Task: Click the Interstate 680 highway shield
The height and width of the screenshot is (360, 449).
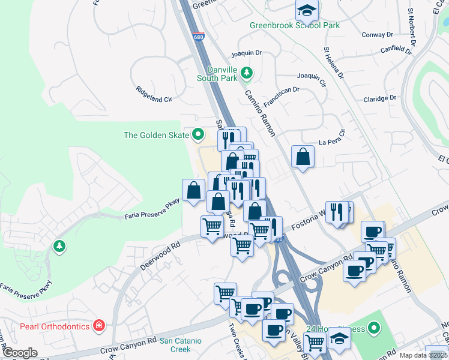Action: coord(199,37)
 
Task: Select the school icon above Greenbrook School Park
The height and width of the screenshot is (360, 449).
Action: coord(307,10)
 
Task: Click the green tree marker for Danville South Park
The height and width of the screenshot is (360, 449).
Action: coord(246,73)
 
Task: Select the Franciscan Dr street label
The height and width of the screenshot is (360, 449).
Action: coord(281,93)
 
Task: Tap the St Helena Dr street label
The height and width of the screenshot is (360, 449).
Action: coord(334,63)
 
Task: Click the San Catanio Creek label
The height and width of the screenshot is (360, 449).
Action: coord(180,345)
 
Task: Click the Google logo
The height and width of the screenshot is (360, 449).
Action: coord(19,353)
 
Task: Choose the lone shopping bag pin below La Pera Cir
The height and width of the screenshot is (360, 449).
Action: coord(303,157)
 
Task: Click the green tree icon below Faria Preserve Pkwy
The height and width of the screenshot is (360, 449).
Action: coord(59,245)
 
